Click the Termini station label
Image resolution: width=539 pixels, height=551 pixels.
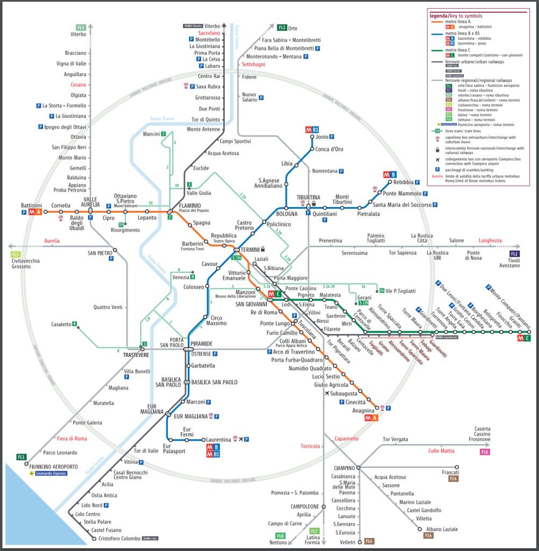pos(250,250)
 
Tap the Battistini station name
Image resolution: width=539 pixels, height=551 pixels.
pos(31,205)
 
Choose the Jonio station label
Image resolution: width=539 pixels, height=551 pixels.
pos(319,137)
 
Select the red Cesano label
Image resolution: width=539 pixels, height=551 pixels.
pos(78,84)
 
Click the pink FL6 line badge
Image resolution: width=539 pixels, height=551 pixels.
pos(485,451)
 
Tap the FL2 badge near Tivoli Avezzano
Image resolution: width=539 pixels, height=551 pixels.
pos(515,253)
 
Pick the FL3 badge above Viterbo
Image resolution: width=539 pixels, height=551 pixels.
pos(81,27)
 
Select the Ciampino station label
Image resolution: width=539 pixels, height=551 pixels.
pos(344,467)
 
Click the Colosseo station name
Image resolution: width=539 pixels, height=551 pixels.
pos(194,287)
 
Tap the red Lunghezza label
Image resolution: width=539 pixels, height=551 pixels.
pos(490,241)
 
